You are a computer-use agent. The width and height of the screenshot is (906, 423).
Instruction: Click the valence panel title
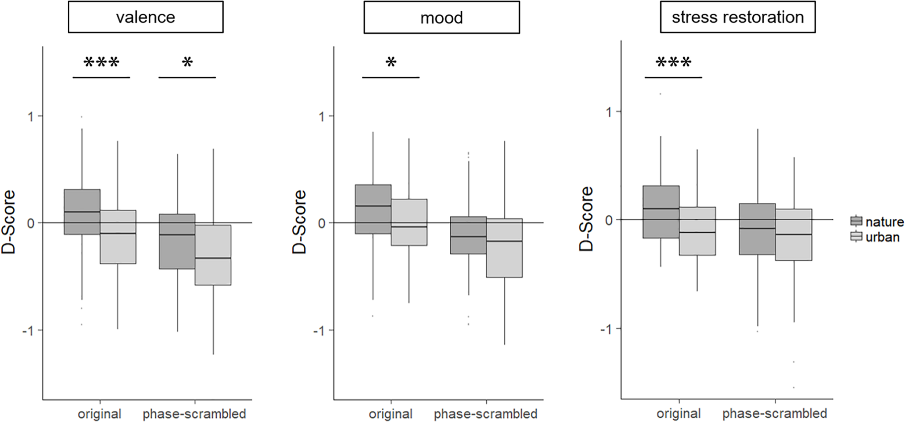145,17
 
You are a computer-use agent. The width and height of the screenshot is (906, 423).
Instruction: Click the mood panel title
441,17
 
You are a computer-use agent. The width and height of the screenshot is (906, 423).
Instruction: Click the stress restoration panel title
737,17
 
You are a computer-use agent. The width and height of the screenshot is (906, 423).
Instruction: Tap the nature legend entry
877,221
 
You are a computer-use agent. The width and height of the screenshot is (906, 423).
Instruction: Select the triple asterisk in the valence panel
101,63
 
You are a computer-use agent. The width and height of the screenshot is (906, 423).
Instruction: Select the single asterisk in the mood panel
391,63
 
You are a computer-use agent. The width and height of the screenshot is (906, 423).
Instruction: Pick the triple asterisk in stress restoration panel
673,63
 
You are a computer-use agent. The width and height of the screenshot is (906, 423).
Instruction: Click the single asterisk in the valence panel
187,63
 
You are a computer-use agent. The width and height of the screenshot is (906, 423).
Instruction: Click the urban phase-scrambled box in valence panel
213,255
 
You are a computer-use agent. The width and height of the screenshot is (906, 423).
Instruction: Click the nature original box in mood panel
373,209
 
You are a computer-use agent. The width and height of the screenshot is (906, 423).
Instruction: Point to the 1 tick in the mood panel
321,117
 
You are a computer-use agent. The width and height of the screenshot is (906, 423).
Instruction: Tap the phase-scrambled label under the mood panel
486,414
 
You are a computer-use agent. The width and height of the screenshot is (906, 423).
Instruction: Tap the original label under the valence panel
100,414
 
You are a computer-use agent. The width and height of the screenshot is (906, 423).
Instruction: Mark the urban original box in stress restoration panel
697,231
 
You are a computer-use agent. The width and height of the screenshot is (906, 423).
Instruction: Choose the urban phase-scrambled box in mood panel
504,248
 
